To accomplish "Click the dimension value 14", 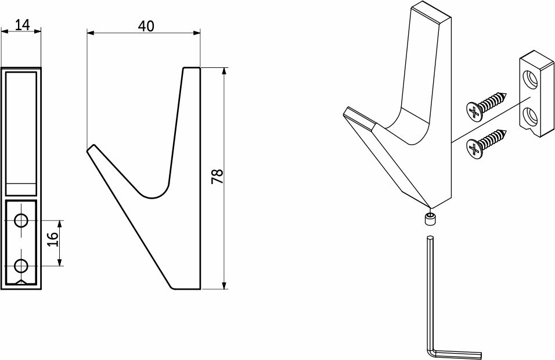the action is (x=23, y=24).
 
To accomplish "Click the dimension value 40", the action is (x=146, y=26).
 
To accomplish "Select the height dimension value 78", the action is (x=217, y=177).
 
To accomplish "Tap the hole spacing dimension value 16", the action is (x=52, y=240).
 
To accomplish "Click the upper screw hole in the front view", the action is (x=21, y=220).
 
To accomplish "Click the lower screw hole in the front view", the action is (x=21, y=265).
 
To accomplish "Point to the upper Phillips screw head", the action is (x=474, y=110).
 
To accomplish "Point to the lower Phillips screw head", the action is (x=474, y=148).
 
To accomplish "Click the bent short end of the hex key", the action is (x=457, y=354).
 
